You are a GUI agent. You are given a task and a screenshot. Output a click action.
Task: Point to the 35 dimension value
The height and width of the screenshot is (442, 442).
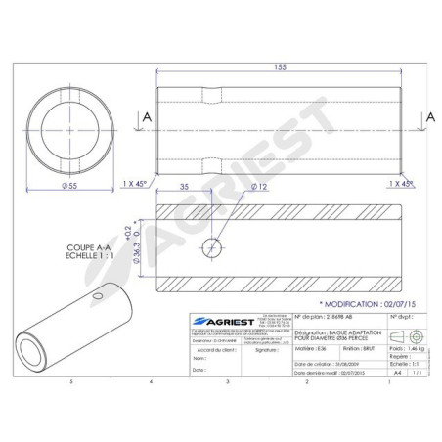point(184,185)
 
